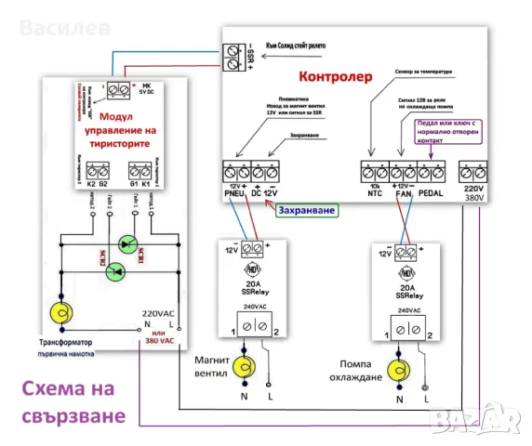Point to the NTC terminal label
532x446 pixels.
(374, 193)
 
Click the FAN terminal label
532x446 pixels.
(404, 193)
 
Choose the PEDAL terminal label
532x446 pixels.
(433, 193)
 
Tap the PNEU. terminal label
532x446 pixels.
(234, 193)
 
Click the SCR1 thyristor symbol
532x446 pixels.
(131, 244)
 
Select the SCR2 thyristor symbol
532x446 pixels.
(114, 270)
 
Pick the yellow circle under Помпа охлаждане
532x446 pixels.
(401, 368)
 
